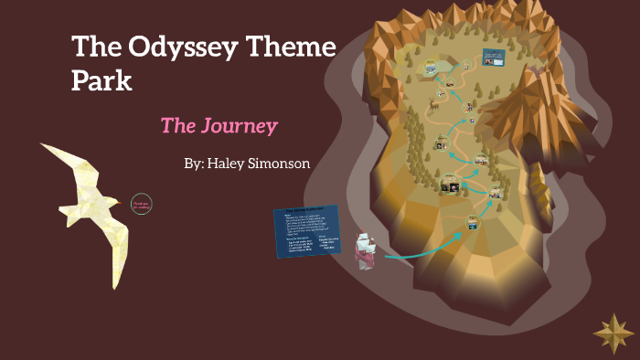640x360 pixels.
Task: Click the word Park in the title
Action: [101, 80]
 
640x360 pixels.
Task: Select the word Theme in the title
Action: [291, 48]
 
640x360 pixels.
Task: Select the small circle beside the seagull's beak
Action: [141, 204]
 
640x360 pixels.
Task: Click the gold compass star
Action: [613, 333]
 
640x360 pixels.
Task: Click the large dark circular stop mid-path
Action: [449, 185]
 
